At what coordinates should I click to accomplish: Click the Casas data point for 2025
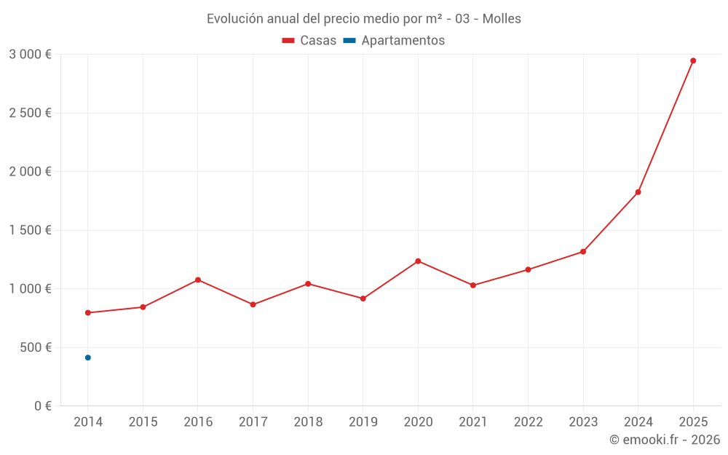coord(693,60)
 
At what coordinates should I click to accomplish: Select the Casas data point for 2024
coord(638,192)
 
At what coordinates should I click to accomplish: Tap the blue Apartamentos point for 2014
coord(88,357)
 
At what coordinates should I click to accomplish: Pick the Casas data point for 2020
coord(418,261)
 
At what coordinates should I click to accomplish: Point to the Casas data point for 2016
coord(198,280)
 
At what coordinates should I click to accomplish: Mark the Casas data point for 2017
coord(253,304)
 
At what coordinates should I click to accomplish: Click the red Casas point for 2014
coord(88,312)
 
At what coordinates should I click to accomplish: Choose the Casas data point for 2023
coord(583,252)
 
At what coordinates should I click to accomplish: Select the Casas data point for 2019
coord(363,298)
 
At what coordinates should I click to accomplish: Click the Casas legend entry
coord(309,41)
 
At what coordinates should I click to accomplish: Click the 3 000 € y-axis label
coord(30,55)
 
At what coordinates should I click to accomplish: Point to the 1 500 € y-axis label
coord(30,230)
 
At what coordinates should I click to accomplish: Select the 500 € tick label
coord(34,347)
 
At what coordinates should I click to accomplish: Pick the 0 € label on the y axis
coord(41,406)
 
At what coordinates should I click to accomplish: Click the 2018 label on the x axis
coord(308,422)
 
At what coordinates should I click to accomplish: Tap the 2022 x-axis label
coord(528,422)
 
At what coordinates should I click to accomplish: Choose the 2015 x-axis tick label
coord(143,422)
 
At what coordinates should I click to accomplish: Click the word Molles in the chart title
coord(502,19)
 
